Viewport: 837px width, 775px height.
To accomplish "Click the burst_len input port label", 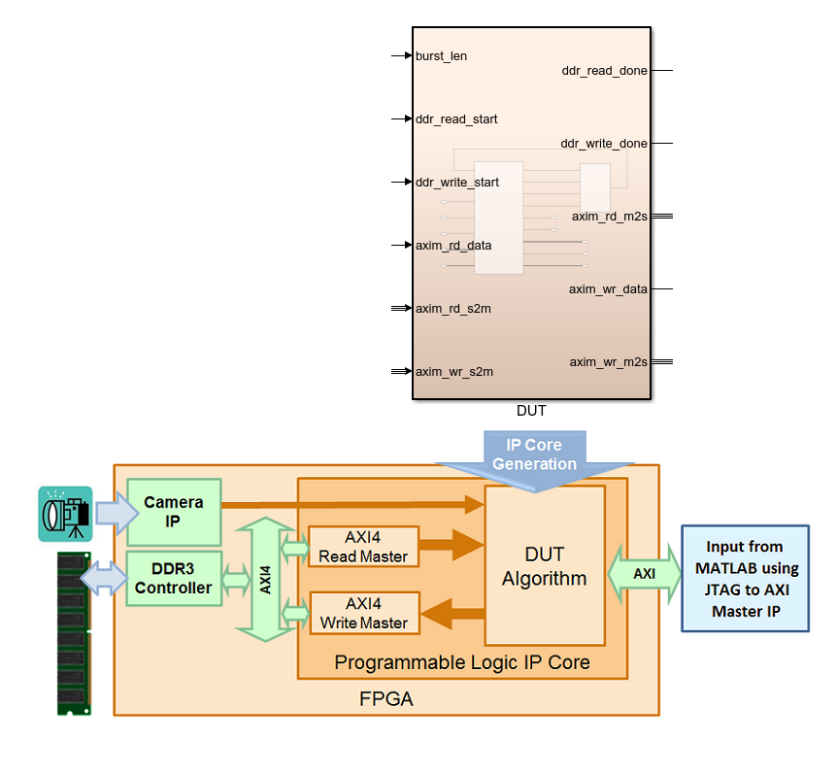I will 441,56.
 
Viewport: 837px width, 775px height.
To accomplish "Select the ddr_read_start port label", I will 456,119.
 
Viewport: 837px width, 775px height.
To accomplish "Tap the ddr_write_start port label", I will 457,183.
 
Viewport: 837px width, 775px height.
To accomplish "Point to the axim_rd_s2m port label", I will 453,309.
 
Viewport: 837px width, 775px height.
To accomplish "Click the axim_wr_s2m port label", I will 454,372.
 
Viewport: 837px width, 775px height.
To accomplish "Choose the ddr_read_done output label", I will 604,71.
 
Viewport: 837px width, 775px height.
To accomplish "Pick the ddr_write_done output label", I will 604,144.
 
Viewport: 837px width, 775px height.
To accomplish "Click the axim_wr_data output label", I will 608,289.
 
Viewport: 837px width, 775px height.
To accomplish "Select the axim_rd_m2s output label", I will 609,217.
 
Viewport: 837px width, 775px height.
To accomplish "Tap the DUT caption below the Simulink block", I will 532,412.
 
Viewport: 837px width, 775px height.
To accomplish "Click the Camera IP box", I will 174,512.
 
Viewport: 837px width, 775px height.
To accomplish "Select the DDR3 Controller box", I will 174,579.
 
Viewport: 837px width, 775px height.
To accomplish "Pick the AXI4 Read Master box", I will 363,547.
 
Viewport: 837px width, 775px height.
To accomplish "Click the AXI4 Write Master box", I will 363,613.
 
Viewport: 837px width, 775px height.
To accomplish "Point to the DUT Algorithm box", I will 544,566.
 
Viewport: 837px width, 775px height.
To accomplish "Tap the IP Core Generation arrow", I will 534,455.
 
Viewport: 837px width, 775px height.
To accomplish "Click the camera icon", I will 65,514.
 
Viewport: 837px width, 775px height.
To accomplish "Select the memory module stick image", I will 73,634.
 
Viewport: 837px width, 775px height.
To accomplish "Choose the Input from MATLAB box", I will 745,579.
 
